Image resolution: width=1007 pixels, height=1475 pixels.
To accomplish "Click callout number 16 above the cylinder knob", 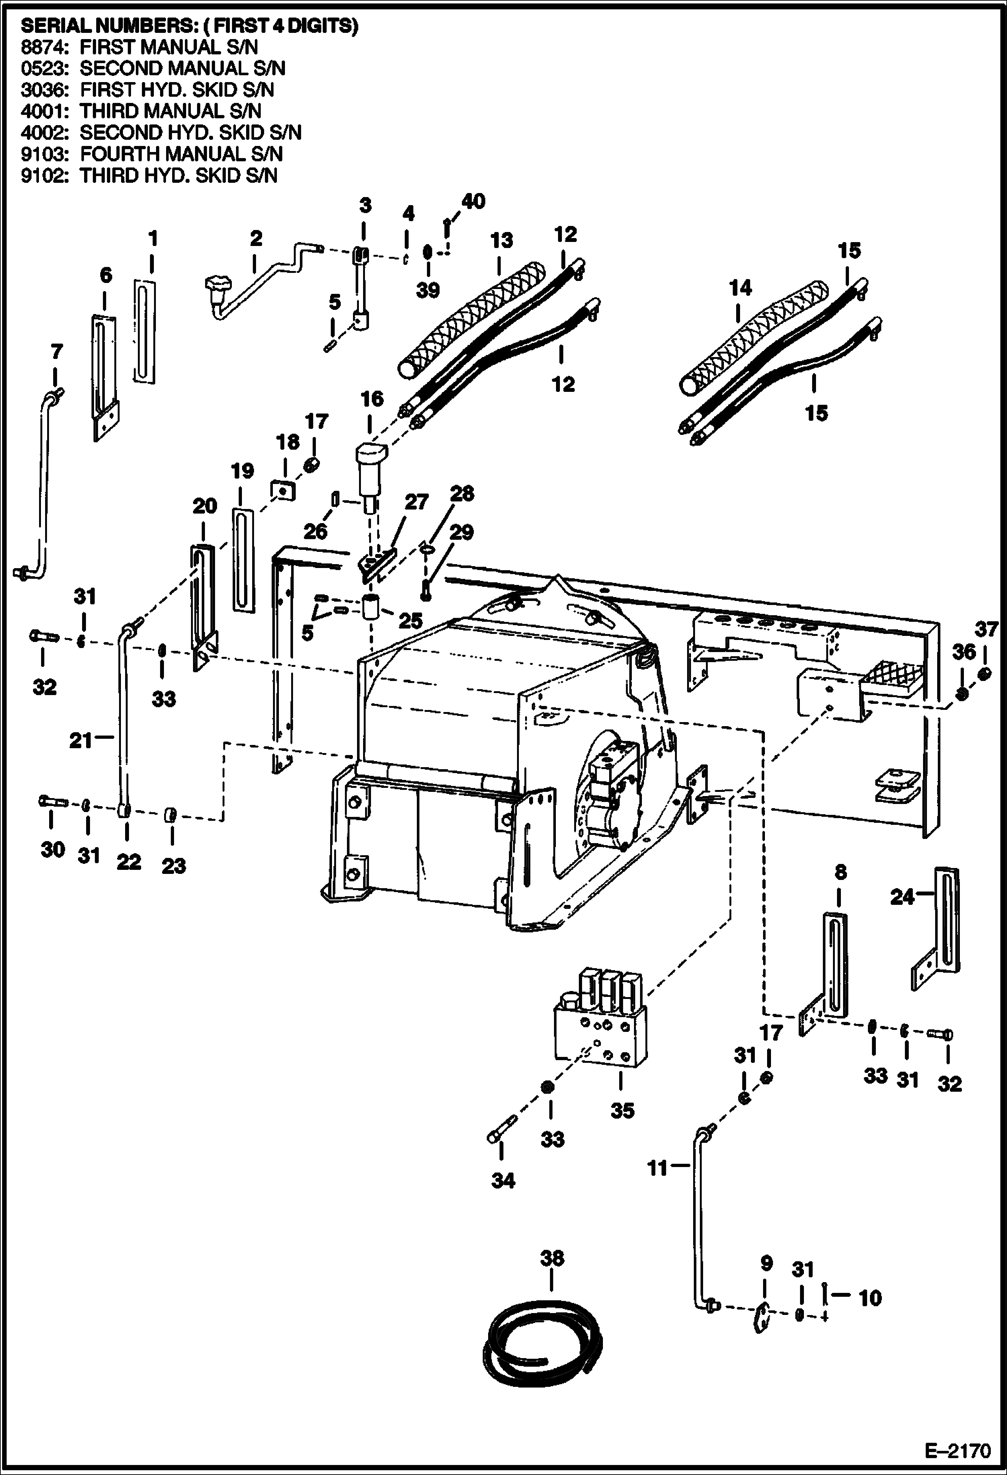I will point(370,399).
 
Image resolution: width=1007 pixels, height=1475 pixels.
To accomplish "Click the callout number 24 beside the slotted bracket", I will point(902,897).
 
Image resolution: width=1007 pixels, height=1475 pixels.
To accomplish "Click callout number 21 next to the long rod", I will point(80,740).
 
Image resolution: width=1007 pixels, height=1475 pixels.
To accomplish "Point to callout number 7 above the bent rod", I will point(56,352).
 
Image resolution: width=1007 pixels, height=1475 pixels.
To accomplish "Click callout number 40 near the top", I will point(473,201).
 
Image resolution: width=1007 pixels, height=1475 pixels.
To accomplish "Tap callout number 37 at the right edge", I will point(985,629).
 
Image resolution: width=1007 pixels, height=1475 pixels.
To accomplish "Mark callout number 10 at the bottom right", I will point(869,1298).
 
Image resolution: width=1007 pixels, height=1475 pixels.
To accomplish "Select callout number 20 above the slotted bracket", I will point(204,506).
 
